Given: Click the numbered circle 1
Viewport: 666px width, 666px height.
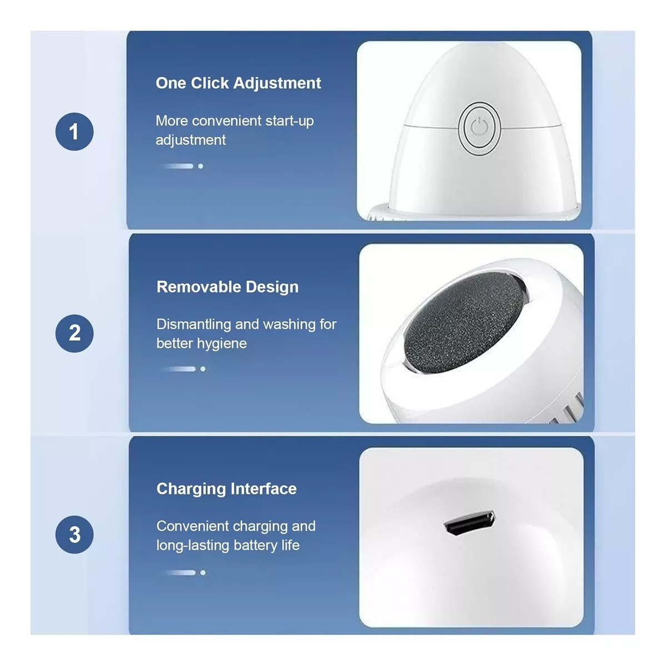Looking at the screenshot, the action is click(74, 132).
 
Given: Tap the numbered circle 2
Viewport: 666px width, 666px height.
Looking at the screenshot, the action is click(74, 334).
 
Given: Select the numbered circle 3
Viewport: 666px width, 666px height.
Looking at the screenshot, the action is click(74, 534).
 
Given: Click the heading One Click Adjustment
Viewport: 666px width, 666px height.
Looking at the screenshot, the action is click(238, 83).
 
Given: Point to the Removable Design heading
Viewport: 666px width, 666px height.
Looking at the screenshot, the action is click(227, 287).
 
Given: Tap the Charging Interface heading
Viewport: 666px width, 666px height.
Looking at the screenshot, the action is click(227, 489).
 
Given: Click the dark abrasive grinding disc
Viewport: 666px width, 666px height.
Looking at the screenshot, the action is click(464, 322).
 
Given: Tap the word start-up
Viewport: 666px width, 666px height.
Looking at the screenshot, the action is click(289, 122).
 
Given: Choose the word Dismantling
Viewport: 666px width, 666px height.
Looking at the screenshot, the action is click(193, 325).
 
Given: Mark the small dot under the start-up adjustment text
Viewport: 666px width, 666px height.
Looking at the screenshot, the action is click(201, 167).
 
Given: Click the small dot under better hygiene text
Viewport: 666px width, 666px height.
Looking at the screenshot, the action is click(203, 369).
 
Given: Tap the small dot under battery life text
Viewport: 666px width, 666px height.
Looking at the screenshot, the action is click(203, 573).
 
